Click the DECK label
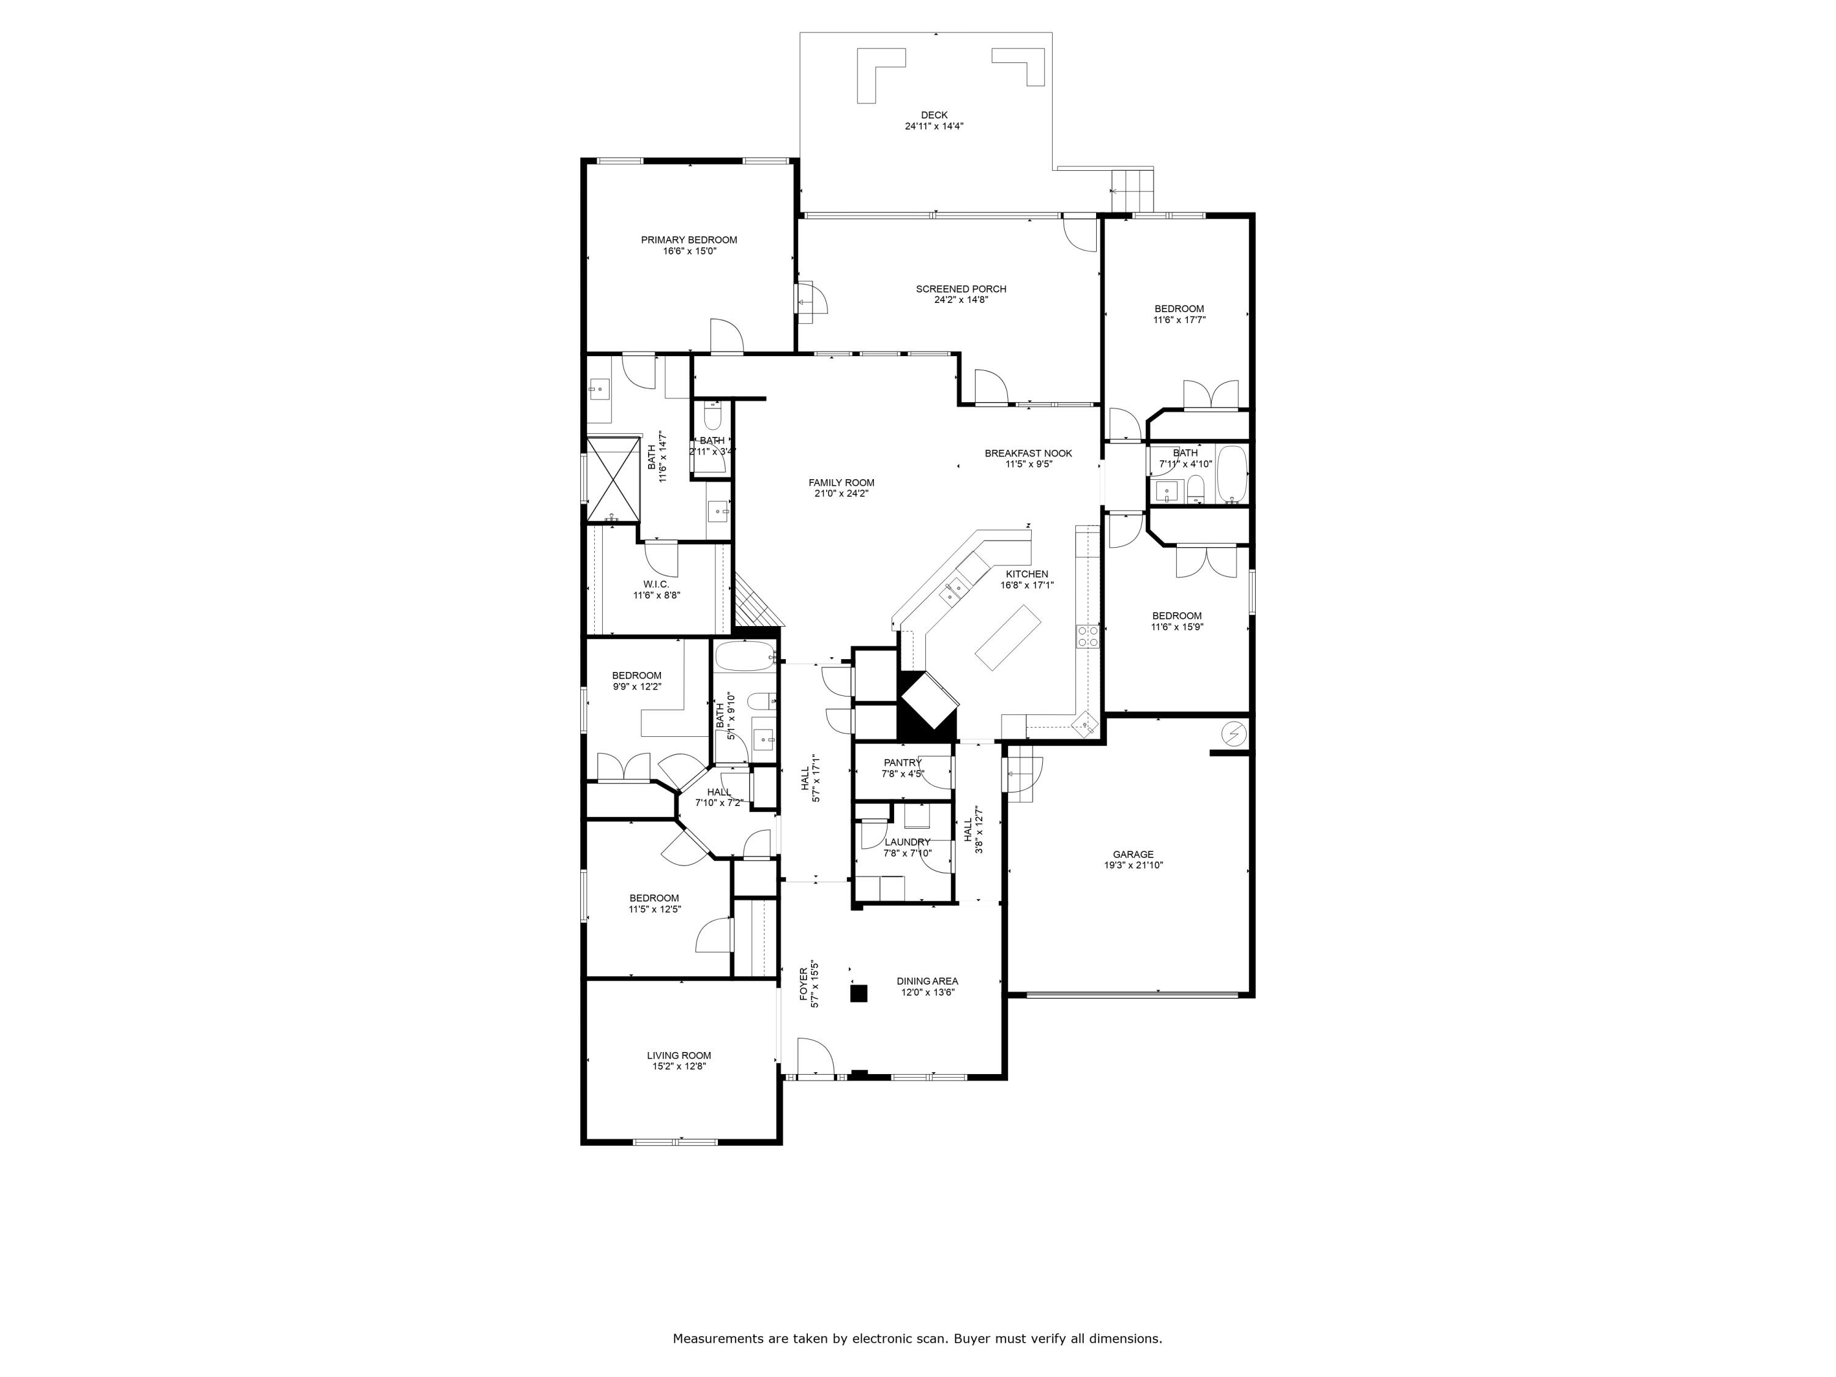[x=934, y=116]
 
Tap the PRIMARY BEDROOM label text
[x=689, y=240]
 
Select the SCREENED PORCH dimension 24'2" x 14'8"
[x=961, y=300]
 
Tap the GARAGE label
[x=1133, y=854]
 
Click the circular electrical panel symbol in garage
[x=1234, y=733]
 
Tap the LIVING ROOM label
[x=679, y=1056]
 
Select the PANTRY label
[x=902, y=763]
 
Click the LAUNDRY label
[x=907, y=841]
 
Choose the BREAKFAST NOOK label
[x=1028, y=453]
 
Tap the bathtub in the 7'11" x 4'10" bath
[x=1232, y=475]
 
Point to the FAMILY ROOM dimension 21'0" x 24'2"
[x=841, y=493]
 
